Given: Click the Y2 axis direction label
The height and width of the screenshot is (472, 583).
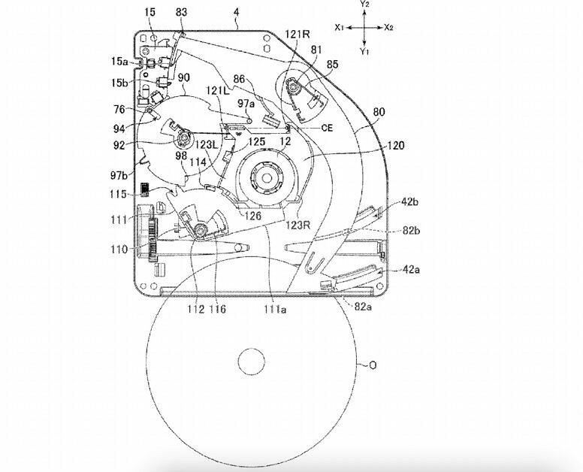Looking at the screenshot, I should [x=364, y=5].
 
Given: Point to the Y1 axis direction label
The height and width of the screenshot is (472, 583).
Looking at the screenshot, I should [x=364, y=51].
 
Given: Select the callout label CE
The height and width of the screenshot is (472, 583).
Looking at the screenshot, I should [x=327, y=129].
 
